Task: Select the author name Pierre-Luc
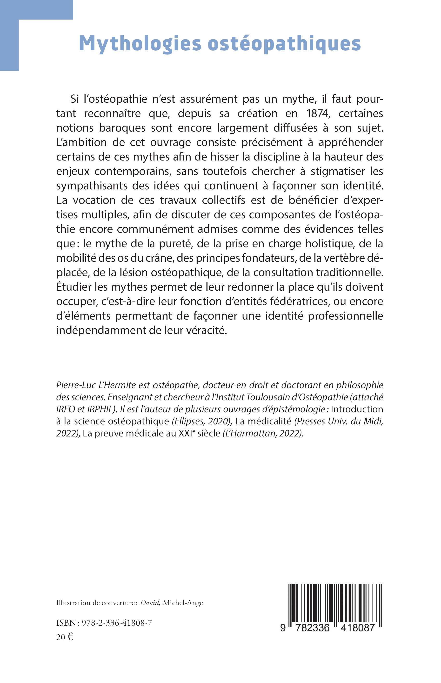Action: [76, 385]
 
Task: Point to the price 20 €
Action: [65, 637]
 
